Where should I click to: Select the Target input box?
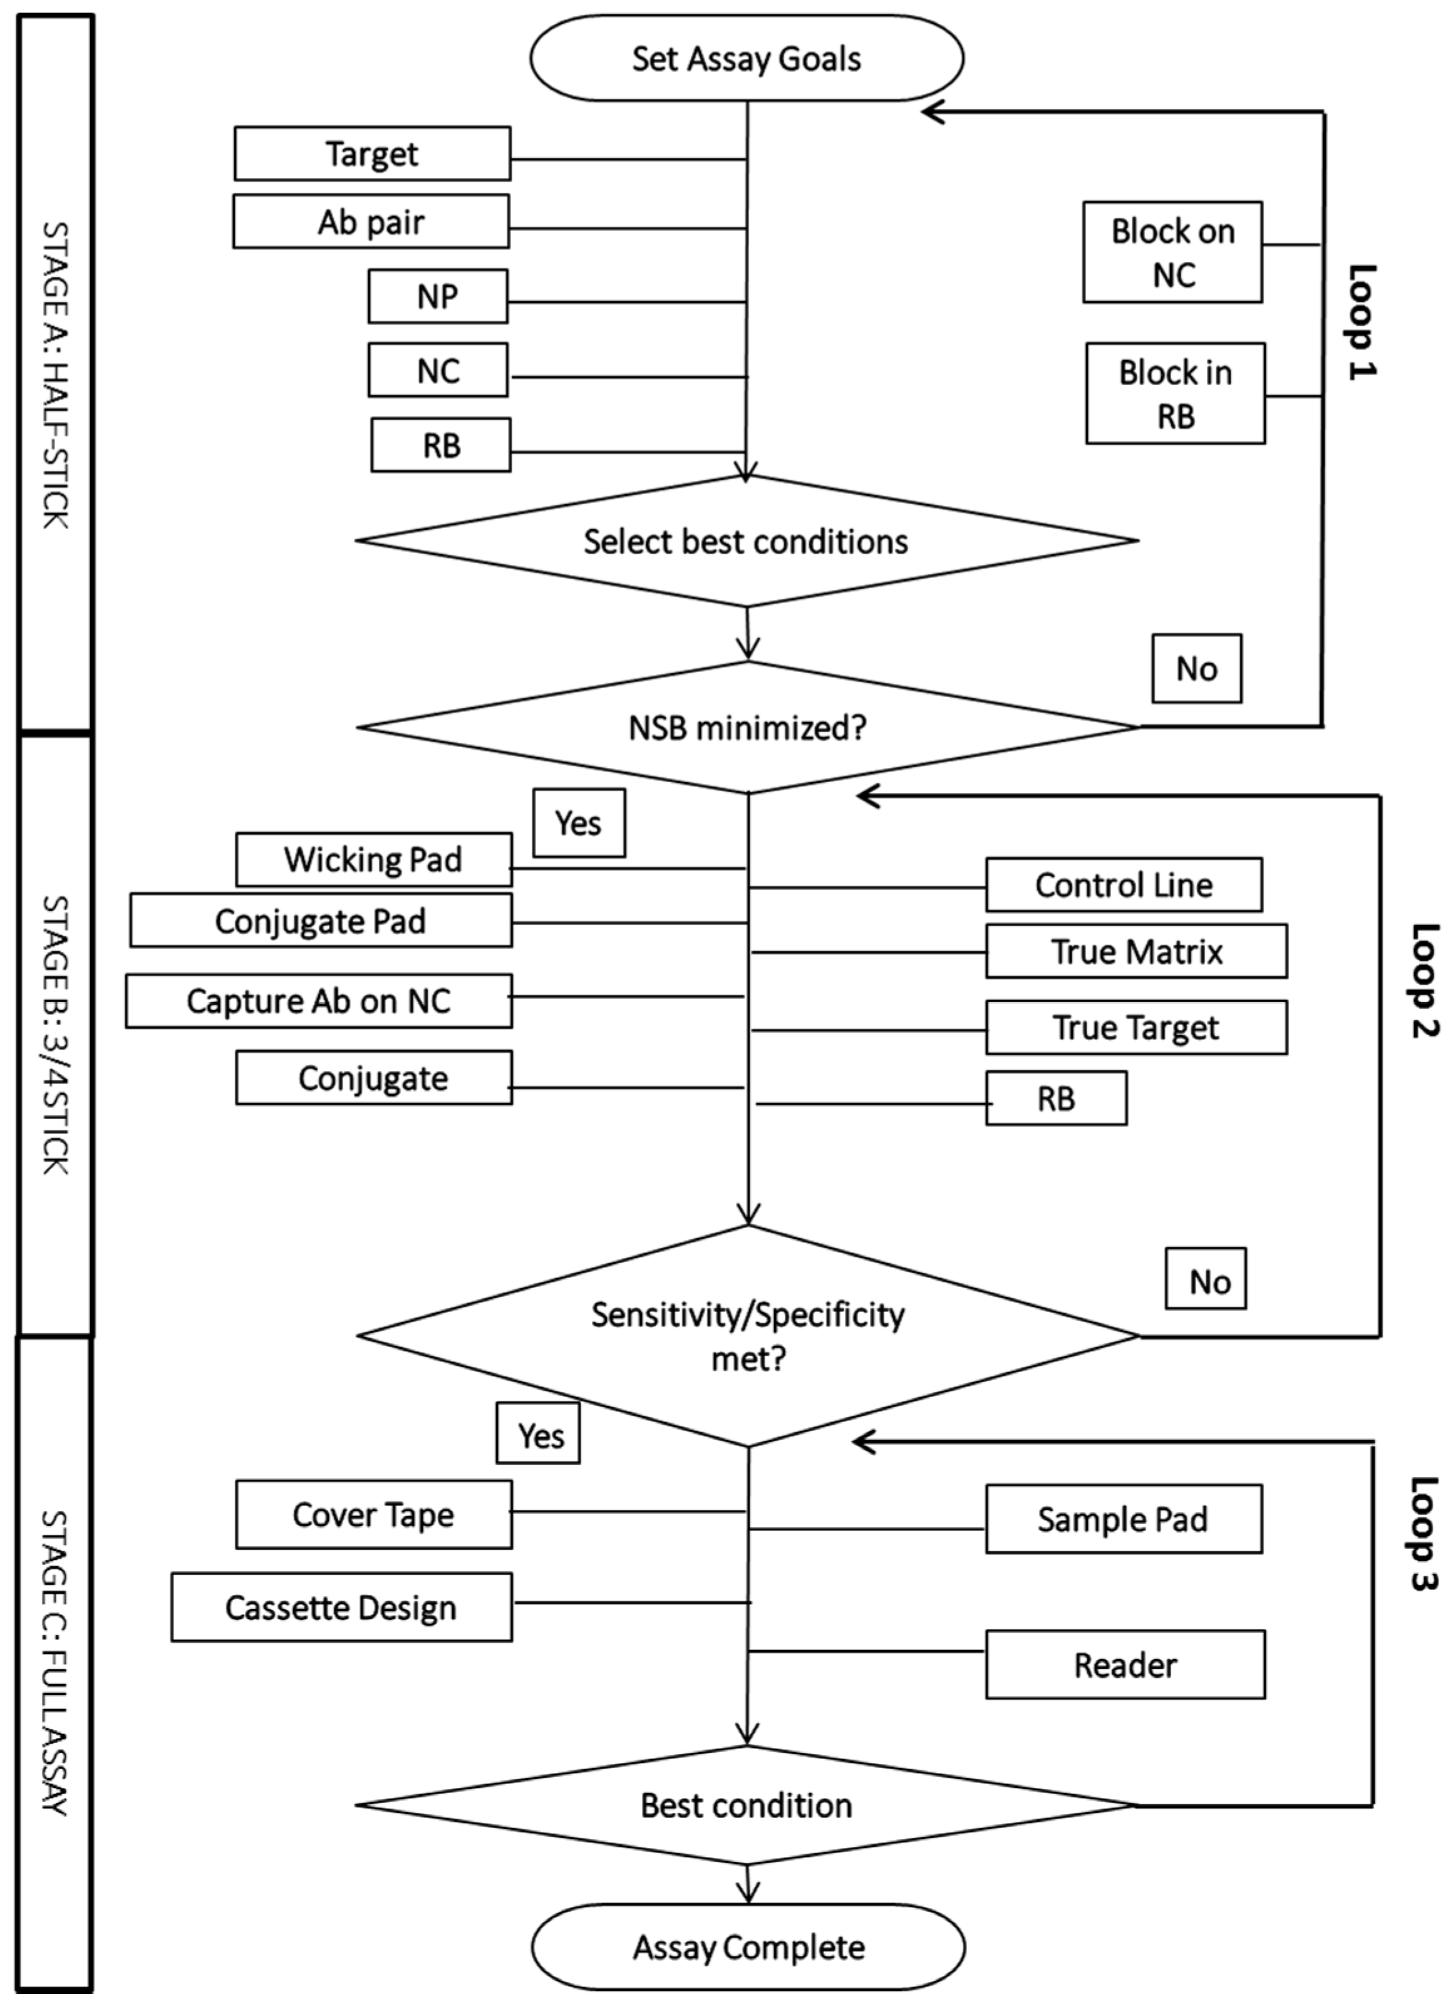(372, 154)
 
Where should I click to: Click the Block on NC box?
(1172, 252)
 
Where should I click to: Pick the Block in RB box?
(1175, 393)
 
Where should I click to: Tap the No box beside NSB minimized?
(1196, 669)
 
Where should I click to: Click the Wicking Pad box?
(373, 859)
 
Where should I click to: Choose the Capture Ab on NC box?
(318, 1001)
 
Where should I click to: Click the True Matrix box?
(1136, 951)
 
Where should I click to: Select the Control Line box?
(1124, 885)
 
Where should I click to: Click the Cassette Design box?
(341, 1607)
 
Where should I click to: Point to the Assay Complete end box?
(748, 1947)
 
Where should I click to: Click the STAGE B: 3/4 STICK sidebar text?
(55, 1035)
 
